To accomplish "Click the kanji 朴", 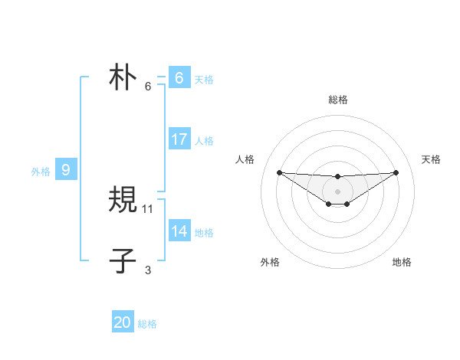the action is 123,79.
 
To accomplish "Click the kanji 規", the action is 123,201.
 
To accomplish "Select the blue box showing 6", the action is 179,78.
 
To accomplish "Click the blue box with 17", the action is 179,139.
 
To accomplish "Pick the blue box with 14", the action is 179,231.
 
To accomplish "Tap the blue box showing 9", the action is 66,171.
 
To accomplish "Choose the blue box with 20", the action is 123,322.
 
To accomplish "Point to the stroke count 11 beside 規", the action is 148,208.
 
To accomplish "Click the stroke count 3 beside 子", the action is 148,270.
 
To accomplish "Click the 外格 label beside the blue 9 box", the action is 41,172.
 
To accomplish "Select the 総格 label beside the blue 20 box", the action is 147,324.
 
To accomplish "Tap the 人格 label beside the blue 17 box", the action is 204,141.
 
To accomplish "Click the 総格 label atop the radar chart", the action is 337,100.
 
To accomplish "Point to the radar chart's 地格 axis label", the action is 402,262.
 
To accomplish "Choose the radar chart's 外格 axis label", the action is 270,262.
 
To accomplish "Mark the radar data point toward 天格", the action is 396,172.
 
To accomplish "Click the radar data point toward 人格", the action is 279,172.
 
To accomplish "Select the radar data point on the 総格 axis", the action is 337,176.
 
